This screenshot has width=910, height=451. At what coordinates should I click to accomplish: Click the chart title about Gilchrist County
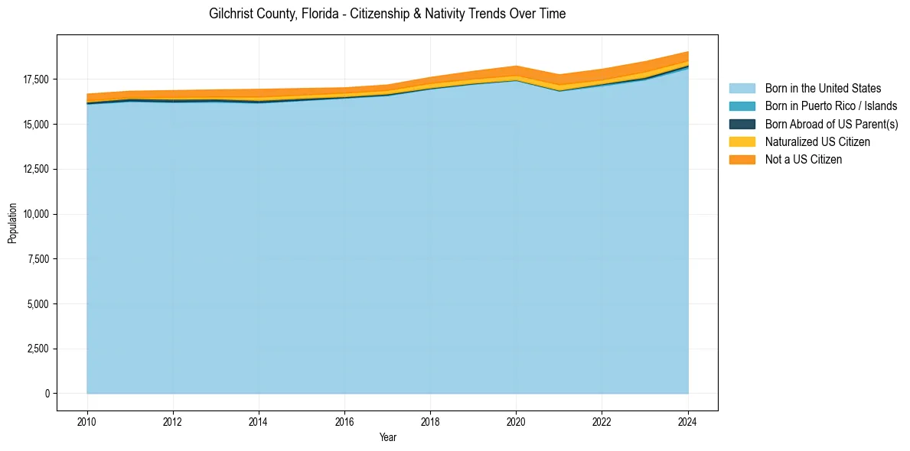(x=387, y=14)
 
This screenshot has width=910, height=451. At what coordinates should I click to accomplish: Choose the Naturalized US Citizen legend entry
(x=817, y=141)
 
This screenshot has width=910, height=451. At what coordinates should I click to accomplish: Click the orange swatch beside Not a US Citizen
(x=742, y=159)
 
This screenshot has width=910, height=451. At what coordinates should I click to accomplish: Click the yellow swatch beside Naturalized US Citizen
(x=742, y=141)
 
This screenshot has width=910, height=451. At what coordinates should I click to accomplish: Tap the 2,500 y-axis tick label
(x=38, y=349)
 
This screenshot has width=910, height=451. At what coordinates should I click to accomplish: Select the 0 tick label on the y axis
(x=47, y=394)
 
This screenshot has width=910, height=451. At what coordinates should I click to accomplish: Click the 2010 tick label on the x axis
(x=87, y=421)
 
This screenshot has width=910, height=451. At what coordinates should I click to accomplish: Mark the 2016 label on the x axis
(x=344, y=421)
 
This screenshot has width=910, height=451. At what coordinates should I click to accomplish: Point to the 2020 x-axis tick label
(x=516, y=421)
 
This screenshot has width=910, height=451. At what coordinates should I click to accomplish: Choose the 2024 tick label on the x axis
(x=687, y=421)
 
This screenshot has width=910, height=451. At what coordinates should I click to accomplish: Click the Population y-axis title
(x=12, y=223)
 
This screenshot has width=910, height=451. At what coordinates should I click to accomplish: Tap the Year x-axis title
(x=387, y=437)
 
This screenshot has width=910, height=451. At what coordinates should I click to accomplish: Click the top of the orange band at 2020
(x=516, y=67)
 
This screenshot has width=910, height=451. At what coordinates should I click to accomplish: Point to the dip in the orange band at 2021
(x=559, y=75)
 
